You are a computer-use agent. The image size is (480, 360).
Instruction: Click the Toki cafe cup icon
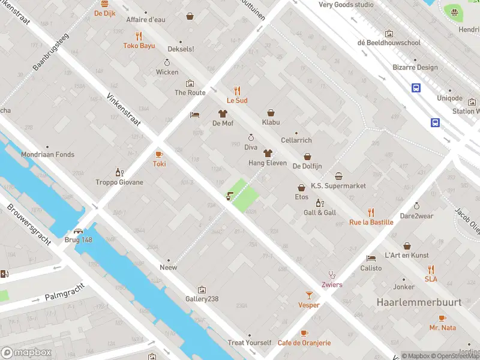coord(159,154)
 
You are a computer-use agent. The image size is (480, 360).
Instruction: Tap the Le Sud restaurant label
coord(237,101)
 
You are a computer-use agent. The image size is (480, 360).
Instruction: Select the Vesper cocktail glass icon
coord(309,295)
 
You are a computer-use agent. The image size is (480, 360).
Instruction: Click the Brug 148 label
coord(79,240)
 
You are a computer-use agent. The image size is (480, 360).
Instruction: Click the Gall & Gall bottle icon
coord(319,203)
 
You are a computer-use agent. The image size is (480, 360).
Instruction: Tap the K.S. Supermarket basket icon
coord(338,176)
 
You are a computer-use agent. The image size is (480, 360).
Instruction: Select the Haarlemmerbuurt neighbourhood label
coord(419,302)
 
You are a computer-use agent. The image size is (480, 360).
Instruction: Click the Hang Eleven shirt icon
coord(268,154)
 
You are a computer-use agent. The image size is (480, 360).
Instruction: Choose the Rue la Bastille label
coord(371,222)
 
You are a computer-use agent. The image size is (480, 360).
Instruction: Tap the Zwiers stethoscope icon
coord(332,275)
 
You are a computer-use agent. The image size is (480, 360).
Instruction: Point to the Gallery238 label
coord(202,299)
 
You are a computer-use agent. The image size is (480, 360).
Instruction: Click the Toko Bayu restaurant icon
coord(139,35)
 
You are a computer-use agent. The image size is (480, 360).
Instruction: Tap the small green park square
coord(245,195)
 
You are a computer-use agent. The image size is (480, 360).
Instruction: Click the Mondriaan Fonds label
coord(48,155)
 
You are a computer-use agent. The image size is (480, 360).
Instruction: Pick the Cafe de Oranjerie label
coord(304,343)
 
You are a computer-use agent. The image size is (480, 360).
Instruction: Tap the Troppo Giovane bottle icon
coord(119,172)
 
